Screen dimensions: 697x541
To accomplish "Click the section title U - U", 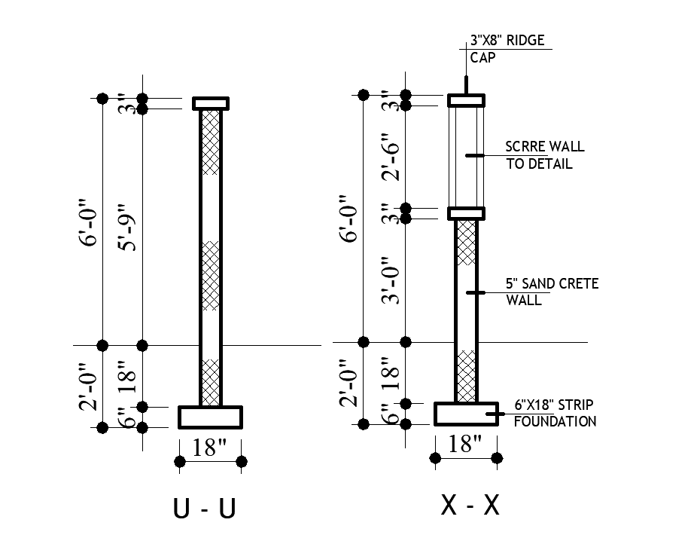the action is pyautogui.click(x=204, y=508).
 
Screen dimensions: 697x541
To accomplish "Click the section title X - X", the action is pyautogui.click(x=470, y=505).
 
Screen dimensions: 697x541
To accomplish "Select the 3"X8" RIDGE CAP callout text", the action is pyautogui.click(x=507, y=49).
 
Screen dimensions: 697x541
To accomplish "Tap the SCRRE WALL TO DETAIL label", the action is pyautogui.click(x=544, y=155).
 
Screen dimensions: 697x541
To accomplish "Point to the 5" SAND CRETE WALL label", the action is pyautogui.click(x=552, y=292).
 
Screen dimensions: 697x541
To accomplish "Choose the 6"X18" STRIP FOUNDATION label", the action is pyautogui.click(x=555, y=413).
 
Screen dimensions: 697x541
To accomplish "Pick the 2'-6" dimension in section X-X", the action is pyautogui.click(x=391, y=157).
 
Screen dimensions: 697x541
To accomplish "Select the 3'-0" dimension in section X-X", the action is pyautogui.click(x=391, y=280).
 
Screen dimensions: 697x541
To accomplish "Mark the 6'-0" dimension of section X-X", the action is pyautogui.click(x=349, y=219).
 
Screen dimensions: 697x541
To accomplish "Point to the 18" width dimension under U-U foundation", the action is pyautogui.click(x=209, y=447).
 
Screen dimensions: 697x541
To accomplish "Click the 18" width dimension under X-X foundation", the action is pyautogui.click(x=465, y=444).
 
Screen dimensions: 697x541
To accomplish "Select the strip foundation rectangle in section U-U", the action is pyautogui.click(x=210, y=417).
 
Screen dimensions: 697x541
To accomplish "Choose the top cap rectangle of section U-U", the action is pyautogui.click(x=211, y=104).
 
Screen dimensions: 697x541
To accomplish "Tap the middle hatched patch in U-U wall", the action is pyautogui.click(x=211, y=275).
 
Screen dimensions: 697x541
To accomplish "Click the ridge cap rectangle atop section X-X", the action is pyautogui.click(x=466, y=100).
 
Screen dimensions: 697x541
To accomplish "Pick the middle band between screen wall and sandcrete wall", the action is pyautogui.click(x=466, y=213).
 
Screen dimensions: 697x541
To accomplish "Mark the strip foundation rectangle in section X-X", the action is pyautogui.click(x=466, y=414).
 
